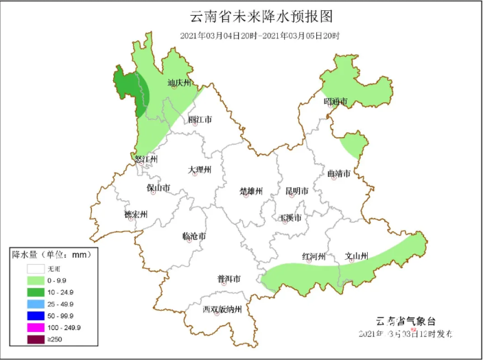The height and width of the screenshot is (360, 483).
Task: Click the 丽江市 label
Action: point(200,119)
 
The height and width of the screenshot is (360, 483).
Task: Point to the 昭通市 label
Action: point(335,101)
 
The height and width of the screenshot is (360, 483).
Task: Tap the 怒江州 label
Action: point(146,159)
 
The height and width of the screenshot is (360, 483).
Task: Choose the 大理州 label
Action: point(200,169)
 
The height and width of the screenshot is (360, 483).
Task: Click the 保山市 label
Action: point(158,188)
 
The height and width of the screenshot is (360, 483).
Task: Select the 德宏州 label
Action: point(136,215)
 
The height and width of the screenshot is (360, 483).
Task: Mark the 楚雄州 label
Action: point(251,191)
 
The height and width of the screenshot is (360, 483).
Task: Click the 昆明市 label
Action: point(296,190)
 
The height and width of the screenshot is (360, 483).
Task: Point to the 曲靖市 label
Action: point(339,173)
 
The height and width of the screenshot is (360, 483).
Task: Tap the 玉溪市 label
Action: point(291,218)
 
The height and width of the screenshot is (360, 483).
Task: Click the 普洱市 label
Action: point(228,279)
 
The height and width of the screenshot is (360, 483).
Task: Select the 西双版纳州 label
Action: point(222,309)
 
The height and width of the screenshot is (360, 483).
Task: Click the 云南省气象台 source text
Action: point(405,321)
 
